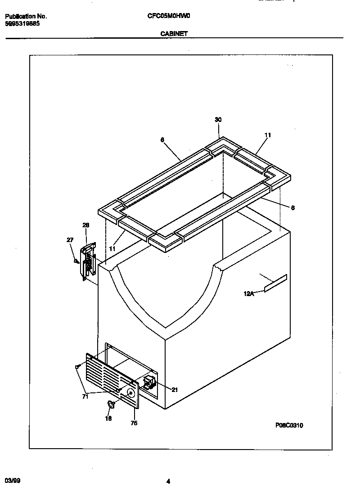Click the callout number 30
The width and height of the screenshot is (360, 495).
(x=218, y=120)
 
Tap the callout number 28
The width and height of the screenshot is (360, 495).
(x=86, y=225)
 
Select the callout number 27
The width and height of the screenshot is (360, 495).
(x=70, y=240)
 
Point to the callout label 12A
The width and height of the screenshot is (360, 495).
(x=248, y=294)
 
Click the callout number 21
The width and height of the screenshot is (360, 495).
(x=175, y=390)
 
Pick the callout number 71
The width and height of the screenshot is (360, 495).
(x=85, y=396)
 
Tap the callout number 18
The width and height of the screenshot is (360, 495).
(x=108, y=418)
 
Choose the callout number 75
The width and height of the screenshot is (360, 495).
(x=134, y=423)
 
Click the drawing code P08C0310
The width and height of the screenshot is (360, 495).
(x=289, y=425)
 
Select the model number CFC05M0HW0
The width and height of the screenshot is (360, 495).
(x=169, y=16)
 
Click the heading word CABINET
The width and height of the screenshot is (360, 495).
(x=174, y=33)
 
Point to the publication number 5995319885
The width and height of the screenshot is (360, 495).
(x=22, y=23)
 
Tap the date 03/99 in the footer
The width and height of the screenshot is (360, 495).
(x=13, y=481)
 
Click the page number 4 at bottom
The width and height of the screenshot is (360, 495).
(x=168, y=481)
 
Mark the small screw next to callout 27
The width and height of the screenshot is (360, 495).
(x=76, y=260)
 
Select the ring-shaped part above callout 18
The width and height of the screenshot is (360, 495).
(x=110, y=405)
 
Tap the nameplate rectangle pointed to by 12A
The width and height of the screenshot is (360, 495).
(x=275, y=283)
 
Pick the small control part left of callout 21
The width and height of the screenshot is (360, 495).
(x=149, y=382)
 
